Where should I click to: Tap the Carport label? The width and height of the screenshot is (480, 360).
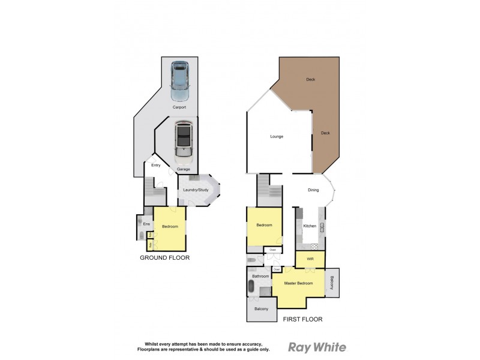(179, 107)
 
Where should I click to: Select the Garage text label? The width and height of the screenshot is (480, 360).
(183, 169)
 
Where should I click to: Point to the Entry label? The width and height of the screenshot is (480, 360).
(156, 165)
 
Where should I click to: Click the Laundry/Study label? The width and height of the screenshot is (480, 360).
(196, 190)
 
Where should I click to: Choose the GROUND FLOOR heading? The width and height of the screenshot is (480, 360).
(164, 257)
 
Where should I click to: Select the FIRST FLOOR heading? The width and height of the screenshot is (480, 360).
(302, 319)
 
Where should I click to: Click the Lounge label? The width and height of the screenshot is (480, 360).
(276, 137)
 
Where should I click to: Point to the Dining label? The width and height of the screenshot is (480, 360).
(313, 191)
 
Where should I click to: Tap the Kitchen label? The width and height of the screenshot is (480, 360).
(310, 226)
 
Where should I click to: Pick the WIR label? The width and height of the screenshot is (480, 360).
(310, 259)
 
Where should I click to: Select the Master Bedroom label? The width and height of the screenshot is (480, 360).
(298, 283)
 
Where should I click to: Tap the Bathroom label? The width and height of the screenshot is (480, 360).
(260, 276)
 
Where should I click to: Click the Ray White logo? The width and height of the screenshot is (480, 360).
(317, 347)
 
